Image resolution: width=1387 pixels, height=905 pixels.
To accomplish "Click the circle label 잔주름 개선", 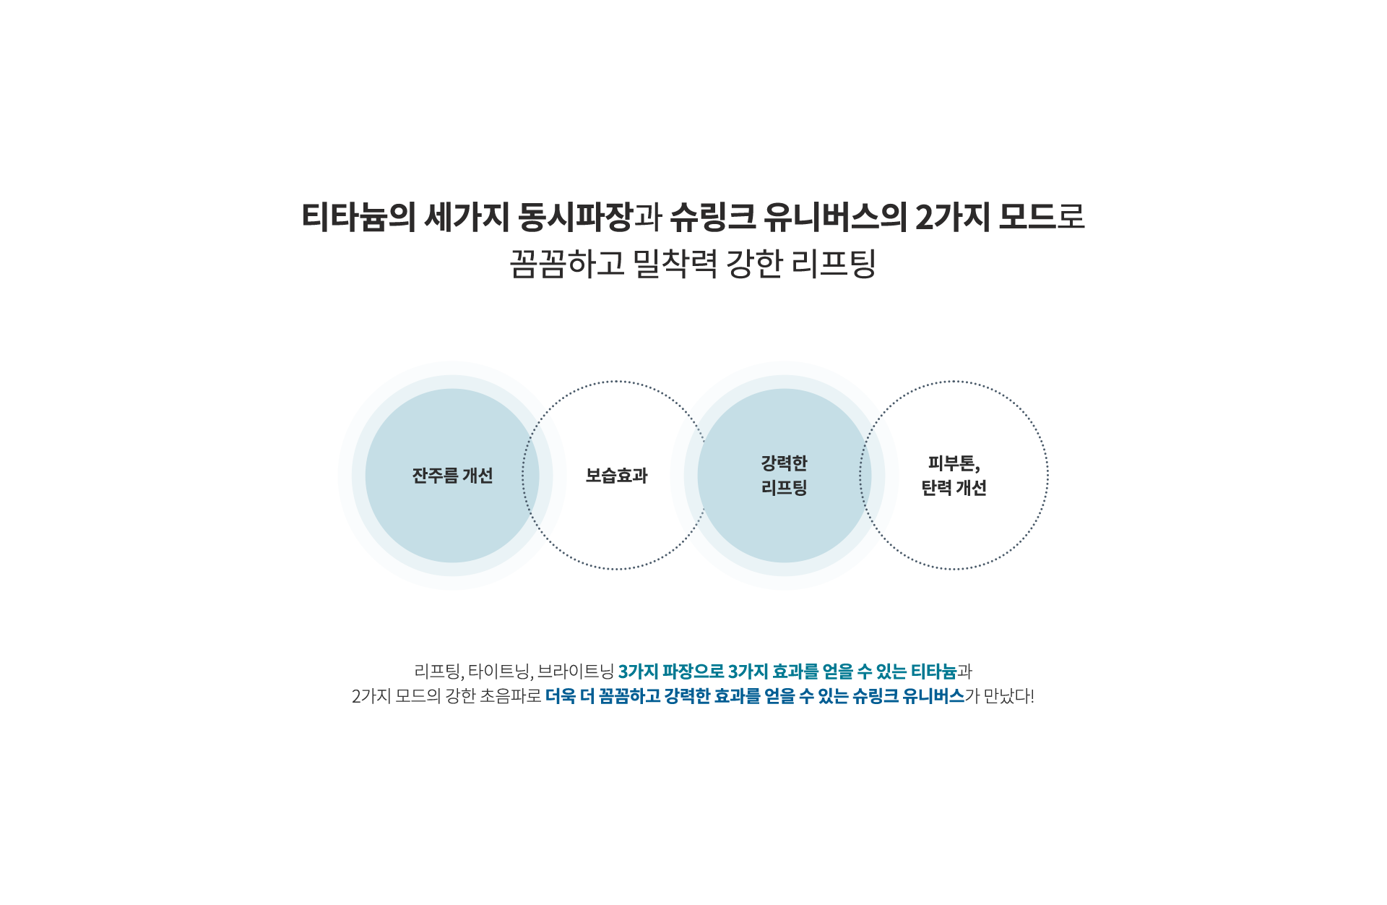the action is (452, 476).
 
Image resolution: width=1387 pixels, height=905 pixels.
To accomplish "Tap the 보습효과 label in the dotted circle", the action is (616, 476).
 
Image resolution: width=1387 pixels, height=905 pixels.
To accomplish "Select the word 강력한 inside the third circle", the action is (784, 463).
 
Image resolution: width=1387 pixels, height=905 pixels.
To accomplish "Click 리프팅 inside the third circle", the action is (784, 488).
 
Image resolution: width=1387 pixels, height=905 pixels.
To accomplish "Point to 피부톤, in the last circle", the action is (954, 463).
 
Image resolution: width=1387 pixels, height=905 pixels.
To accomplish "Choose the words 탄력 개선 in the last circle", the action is (954, 488).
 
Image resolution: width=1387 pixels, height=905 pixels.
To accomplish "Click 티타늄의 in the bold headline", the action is (358, 217).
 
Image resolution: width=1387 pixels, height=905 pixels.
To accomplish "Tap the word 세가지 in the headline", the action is (467, 217).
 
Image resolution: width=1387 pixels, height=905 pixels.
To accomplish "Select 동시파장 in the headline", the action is (575, 217).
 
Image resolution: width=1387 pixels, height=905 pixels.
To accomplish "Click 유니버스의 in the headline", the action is (835, 217).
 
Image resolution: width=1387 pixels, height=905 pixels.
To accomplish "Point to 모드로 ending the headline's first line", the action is (1042, 217).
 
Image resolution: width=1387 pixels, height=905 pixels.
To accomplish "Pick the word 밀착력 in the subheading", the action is (675, 263).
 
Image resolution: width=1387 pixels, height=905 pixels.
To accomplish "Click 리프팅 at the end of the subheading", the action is (834, 263).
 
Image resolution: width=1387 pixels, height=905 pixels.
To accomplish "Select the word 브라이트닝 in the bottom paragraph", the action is (576, 672).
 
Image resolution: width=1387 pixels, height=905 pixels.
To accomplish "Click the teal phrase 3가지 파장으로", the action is (671, 672).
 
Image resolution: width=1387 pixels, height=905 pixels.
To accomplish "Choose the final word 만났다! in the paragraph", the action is (1009, 696).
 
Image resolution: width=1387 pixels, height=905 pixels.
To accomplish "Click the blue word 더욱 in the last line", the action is (561, 696).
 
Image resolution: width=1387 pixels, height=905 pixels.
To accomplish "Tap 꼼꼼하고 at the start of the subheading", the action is (567, 263).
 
